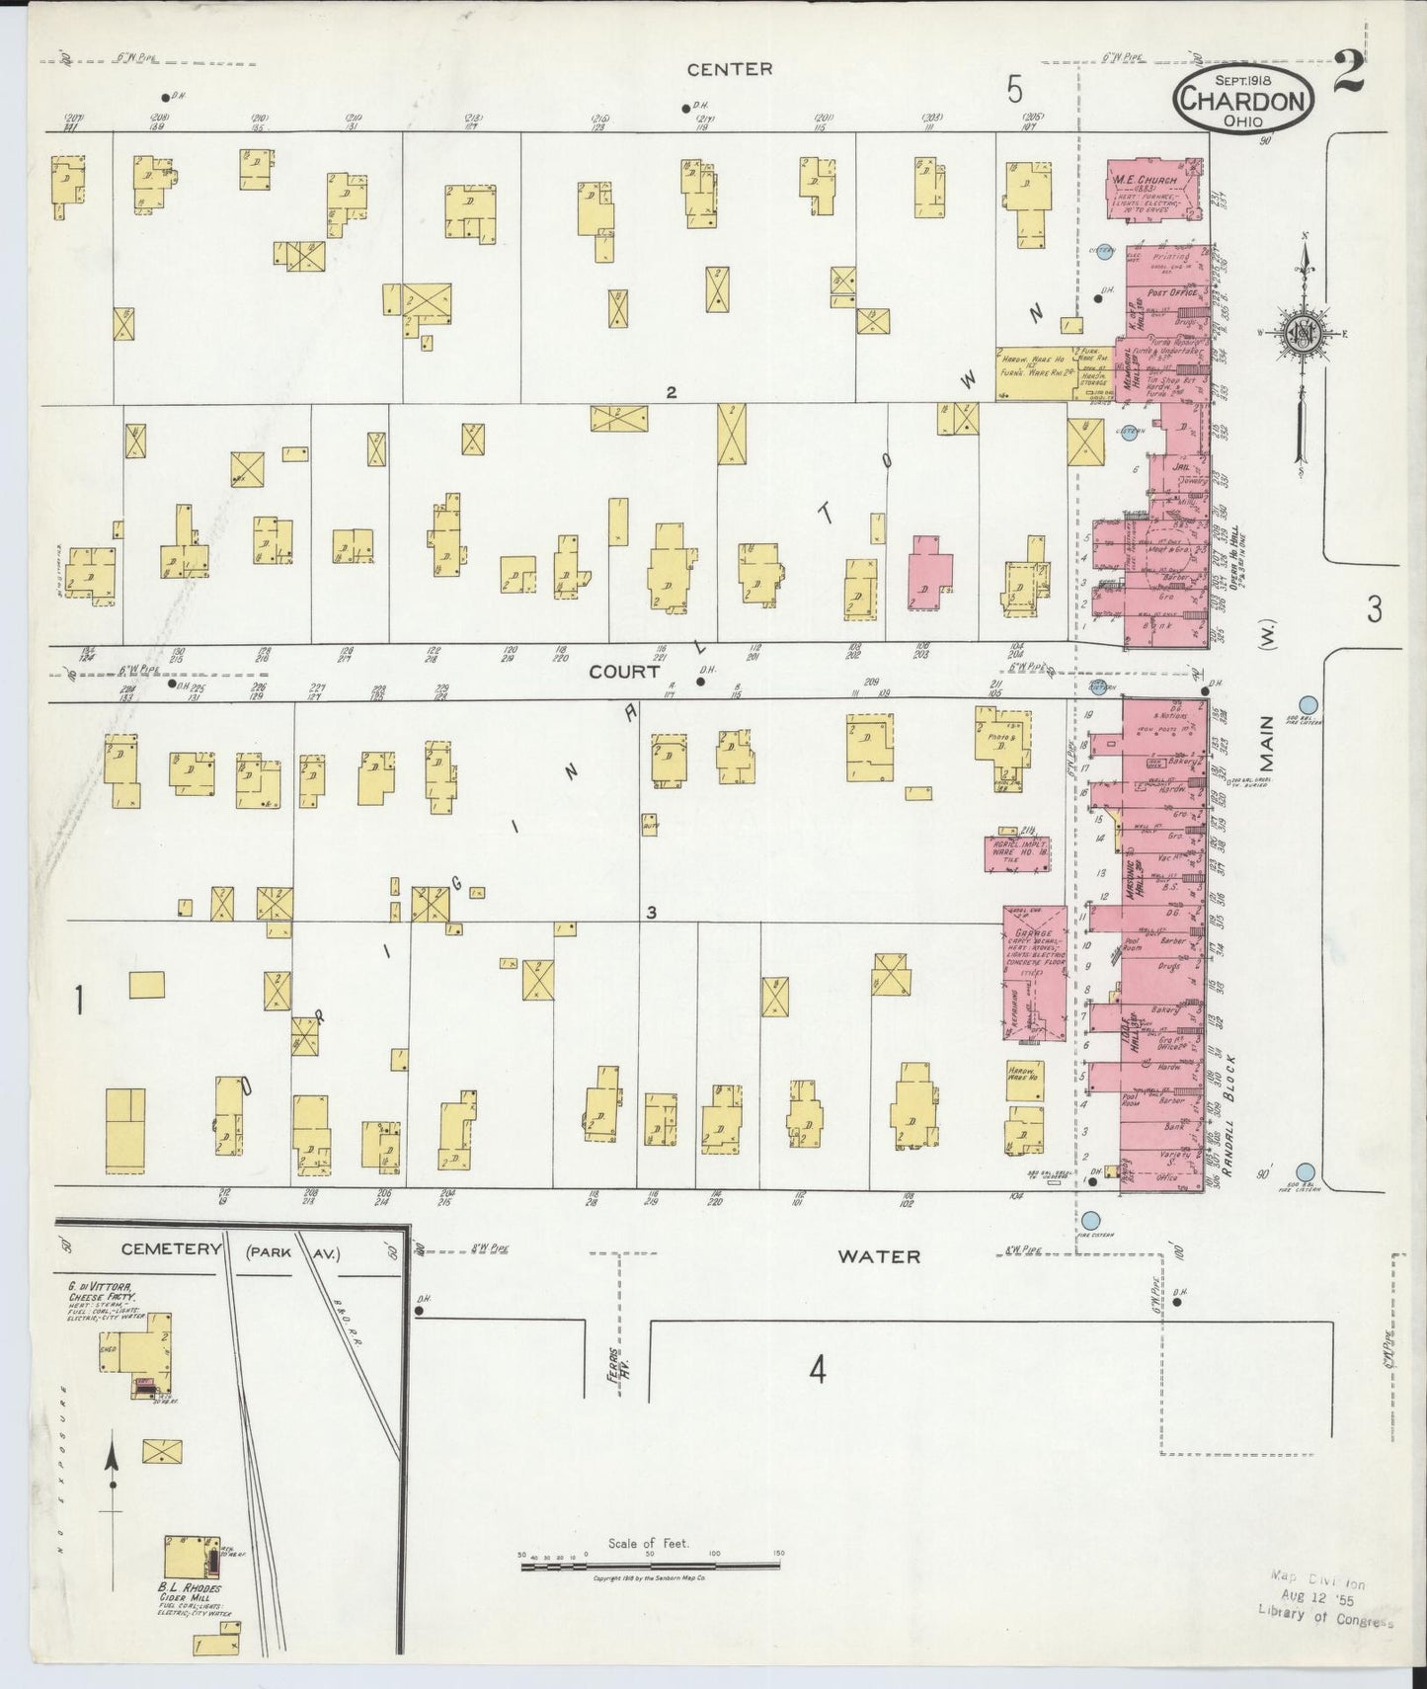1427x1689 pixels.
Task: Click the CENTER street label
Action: click(730, 69)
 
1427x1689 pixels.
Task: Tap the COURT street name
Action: click(624, 672)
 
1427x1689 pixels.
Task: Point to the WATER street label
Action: click(879, 1256)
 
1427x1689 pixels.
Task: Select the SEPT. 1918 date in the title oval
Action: click(1242, 79)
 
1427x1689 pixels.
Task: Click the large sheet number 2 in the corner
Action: click(1349, 74)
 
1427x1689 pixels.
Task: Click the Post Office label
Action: click(1172, 293)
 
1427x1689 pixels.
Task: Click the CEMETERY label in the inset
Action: click(171, 1249)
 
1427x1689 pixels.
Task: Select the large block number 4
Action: click(817, 1371)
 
